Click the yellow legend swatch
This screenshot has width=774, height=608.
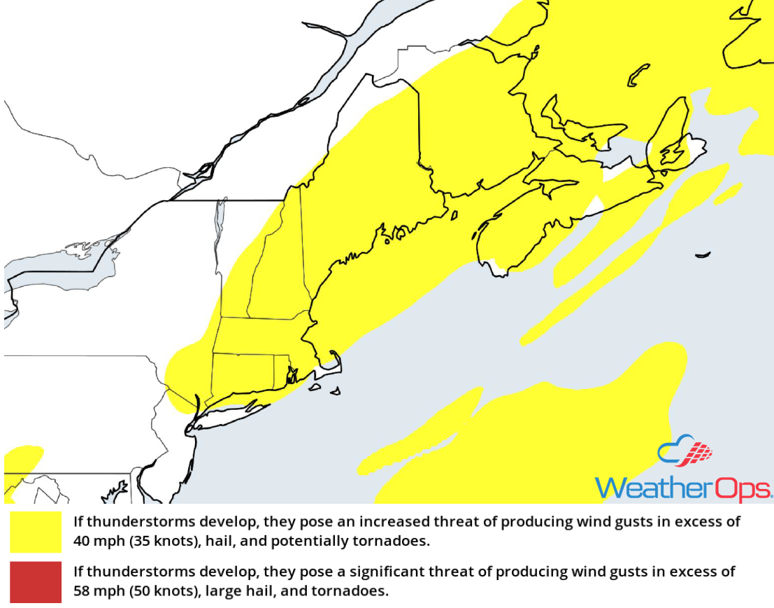pos(36,532)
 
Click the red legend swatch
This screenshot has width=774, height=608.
pos(36,581)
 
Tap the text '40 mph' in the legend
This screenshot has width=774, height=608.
pos(96,542)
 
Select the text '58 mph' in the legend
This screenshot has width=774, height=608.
pos(96,591)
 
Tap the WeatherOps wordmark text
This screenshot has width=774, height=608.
pos(683,488)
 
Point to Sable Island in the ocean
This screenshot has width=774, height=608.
pos(703,255)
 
